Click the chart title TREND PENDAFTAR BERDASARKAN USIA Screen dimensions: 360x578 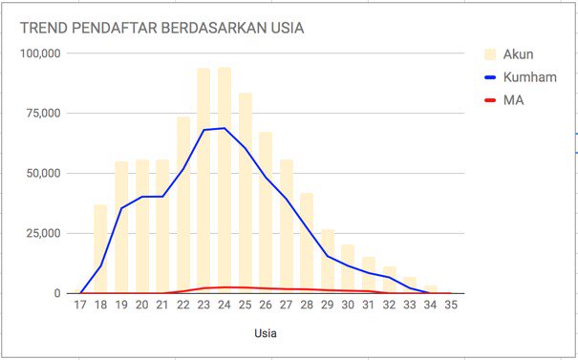(162, 28)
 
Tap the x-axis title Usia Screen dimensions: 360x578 (266, 334)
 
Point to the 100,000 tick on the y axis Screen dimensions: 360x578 (39, 53)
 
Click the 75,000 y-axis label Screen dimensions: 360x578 (42, 114)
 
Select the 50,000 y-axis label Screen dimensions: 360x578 (42, 174)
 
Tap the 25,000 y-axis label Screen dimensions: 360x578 (42, 234)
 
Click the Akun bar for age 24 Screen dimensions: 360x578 (225, 181)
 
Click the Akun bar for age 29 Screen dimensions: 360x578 (328, 262)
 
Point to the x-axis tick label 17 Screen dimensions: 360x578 (80, 307)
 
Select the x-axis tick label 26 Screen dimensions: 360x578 (266, 307)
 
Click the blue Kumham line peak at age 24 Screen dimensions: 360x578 (225, 128)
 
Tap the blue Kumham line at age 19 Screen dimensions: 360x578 (121, 208)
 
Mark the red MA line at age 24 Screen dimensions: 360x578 (225, 287)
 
